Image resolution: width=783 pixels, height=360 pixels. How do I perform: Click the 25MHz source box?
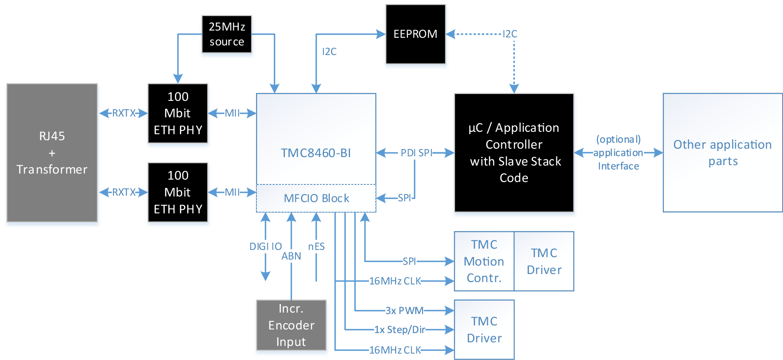point(227,35)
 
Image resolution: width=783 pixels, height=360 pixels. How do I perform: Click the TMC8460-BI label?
point(316,153)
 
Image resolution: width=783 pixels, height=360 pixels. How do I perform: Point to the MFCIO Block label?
point(316,198)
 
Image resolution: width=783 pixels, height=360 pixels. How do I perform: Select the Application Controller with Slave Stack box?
point(514,153)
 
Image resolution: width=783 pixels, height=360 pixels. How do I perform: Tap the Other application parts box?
point(722,153)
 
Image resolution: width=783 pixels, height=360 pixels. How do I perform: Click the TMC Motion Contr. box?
point(484,261)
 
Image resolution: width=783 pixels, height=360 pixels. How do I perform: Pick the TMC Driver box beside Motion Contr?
point(544,261)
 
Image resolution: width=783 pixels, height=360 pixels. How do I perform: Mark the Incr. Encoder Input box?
point(291,325)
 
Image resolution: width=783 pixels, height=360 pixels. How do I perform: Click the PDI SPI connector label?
point(416,153)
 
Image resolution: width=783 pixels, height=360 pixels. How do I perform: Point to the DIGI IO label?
point(265,247)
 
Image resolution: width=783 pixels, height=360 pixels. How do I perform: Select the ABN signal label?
point(291,256)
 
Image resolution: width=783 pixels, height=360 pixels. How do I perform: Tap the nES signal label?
point(316,247)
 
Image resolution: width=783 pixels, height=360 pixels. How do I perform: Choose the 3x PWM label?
point(404,311)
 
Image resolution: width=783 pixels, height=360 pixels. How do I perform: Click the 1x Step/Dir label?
point(400,330)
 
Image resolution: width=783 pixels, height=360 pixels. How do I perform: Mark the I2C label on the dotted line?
point(510,34)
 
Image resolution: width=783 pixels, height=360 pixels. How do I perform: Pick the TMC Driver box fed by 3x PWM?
point(484,329)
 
